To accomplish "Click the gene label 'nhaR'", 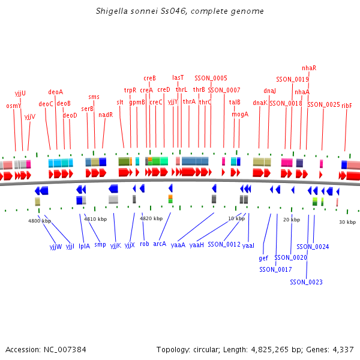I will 309,68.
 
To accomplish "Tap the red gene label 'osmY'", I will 13,106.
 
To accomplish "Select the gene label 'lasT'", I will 178,77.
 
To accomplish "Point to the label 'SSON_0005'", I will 211,78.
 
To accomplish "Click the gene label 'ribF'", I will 347,106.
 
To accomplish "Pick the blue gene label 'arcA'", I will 160,244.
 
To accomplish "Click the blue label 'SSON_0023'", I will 306,282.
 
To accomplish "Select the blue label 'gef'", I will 263,259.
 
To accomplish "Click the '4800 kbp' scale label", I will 39,221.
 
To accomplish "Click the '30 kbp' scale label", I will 347,222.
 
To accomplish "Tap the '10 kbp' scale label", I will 236,218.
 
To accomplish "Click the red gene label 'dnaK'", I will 260,103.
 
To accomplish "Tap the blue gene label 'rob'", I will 145,244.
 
